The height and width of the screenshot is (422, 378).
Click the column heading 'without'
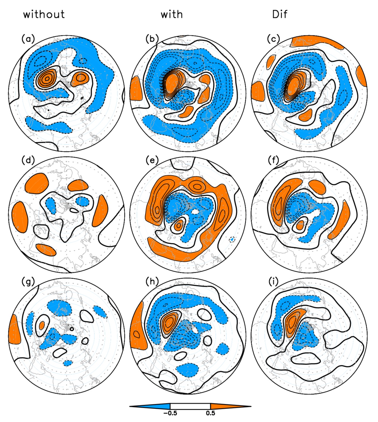click(44, 14)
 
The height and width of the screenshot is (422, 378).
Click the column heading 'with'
click(172, 14)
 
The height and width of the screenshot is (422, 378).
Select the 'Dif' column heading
click(280, 14)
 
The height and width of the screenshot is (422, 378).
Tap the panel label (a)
click(28, 39)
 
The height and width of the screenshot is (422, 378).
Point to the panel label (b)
click(152, 39)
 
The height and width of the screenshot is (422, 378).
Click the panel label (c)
click(273, 39)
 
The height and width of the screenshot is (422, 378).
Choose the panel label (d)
click(28, 160)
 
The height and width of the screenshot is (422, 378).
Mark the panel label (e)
click(152, 160)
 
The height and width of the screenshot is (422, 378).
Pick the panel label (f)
click(273, 160)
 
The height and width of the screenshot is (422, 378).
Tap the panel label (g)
click(28, 282)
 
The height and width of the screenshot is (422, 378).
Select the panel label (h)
click(152, 282)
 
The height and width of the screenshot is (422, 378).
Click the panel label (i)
click(273, 282)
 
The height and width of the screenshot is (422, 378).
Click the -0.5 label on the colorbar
click(170, 413)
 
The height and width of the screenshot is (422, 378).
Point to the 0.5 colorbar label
click(210, 413)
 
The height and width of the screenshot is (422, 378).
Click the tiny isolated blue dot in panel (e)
click(232, 240)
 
